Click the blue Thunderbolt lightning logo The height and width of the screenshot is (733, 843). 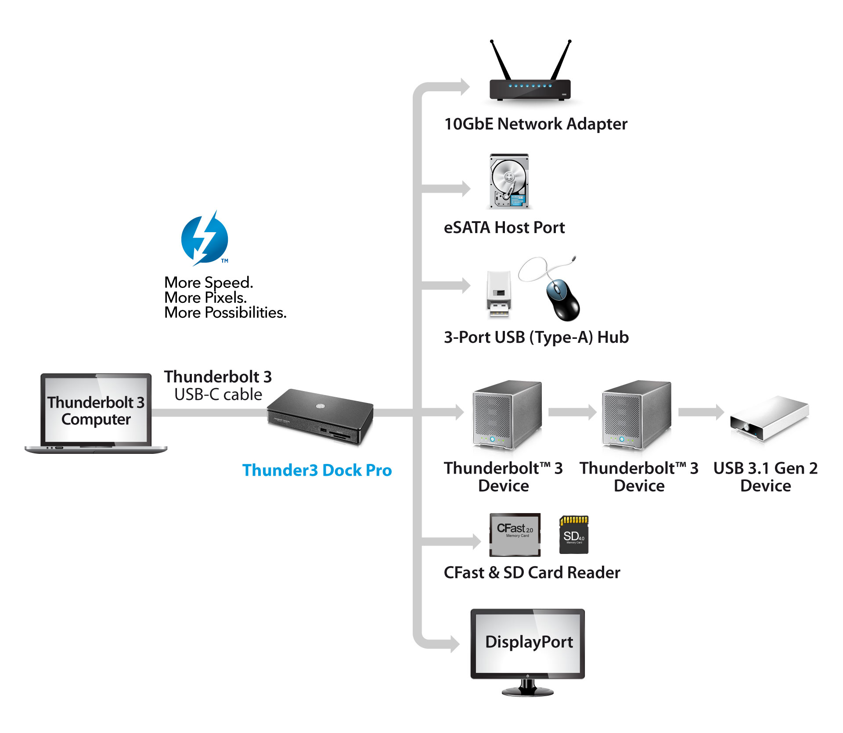pos(205,239)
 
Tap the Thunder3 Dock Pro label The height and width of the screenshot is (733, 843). pos(317,470)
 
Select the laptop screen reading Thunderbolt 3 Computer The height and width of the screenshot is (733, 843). pos(96,410)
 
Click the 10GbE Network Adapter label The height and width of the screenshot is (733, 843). pos(536,124)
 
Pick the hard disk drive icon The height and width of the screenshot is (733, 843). pos(509,181)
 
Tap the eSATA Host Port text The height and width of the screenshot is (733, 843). pos(504,228)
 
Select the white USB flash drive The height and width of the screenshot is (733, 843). pos(499,294)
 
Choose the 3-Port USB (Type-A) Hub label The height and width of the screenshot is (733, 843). pos(536,338)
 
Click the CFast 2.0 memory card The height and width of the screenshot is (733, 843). pos(515,535)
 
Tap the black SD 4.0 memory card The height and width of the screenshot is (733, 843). pos(574,535)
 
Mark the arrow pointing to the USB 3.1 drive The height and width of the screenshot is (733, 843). pos(701,412)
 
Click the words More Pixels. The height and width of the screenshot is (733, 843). pos(205,298)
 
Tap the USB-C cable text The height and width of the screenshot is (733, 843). pos(218,395)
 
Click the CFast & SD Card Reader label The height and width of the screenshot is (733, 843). pos(532,573)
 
